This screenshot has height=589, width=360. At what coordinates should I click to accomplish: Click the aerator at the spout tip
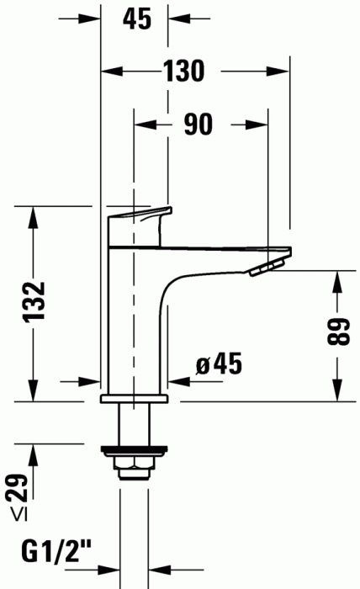pos(267,268)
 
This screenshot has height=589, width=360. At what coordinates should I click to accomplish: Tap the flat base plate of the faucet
pos(135,397)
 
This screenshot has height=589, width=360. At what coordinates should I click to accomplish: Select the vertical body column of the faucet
pos(135,320)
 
